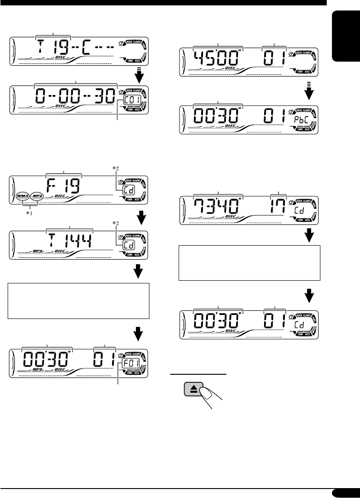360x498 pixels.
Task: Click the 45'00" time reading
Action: tap(218, 58)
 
